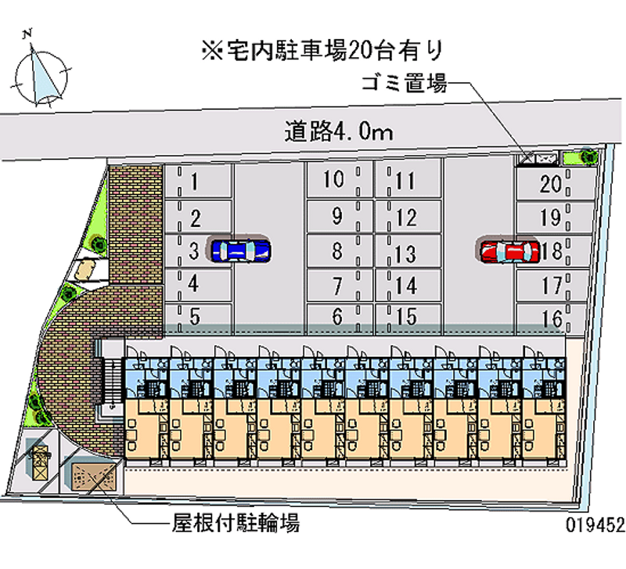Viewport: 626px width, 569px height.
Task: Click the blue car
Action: (240, 250)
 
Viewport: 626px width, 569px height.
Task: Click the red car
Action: (509, 251)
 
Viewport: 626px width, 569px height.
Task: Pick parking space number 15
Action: (406, 318)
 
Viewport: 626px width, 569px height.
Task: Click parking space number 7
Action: (336, 286)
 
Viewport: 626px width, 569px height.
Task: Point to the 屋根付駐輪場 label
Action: (235, 522)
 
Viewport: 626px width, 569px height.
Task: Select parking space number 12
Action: (406, 217)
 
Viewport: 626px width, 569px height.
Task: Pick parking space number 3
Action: (193, 251)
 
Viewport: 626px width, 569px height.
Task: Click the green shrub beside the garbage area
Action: (586, 157)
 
